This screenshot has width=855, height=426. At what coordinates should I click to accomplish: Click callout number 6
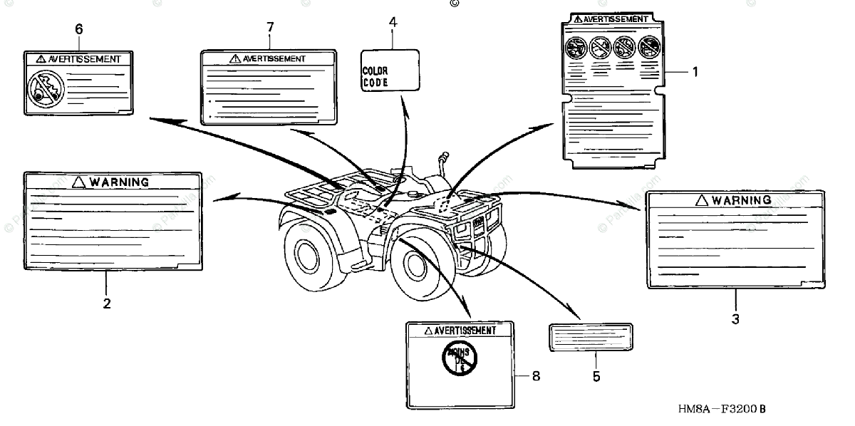pos(78,28)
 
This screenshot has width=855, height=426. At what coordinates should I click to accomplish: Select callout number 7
pos(270,27)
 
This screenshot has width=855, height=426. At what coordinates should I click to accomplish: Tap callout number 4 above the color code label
pos(392,22)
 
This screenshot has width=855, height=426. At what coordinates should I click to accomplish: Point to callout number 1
pos(695,71)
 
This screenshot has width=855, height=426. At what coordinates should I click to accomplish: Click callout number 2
pos(107,303)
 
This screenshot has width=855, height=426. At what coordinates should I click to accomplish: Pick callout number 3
pos(736,319)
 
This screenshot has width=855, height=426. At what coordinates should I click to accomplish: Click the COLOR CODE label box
pos(389,69)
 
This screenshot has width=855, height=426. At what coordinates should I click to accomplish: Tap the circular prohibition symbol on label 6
pos(44,90)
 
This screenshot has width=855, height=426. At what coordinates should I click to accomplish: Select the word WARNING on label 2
pos(119,182)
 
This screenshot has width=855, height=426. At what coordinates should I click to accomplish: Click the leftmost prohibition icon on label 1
pos(575,47)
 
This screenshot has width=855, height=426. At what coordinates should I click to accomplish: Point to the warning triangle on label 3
pos(701,200)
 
